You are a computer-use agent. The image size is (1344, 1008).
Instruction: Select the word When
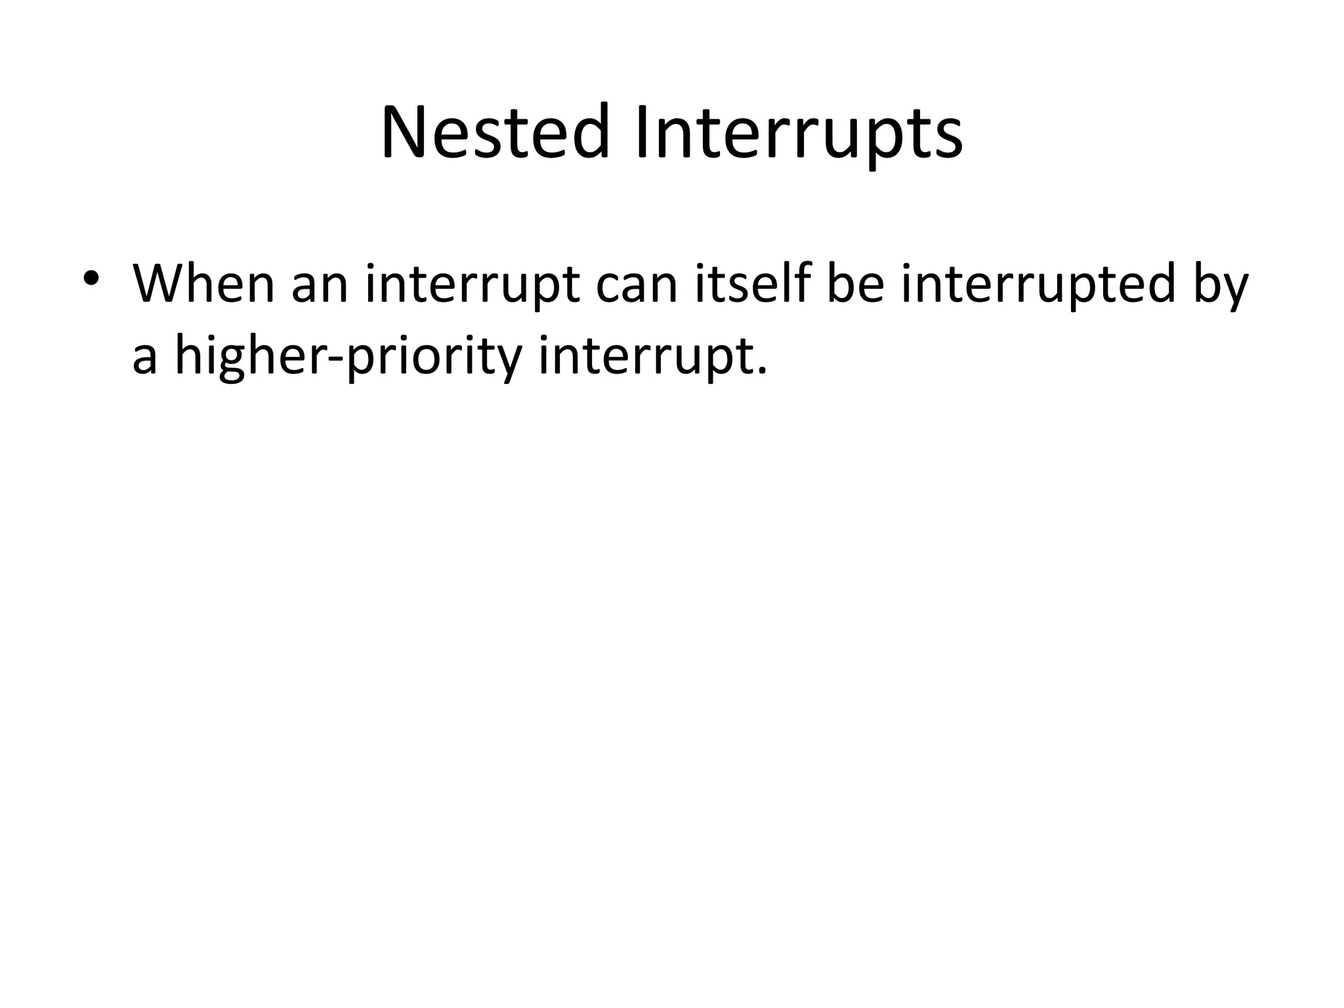coord(203,284)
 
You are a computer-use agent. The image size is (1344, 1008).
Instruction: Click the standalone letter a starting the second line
coord(144,360)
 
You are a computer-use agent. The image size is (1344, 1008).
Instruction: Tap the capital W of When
coord(161,284)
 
